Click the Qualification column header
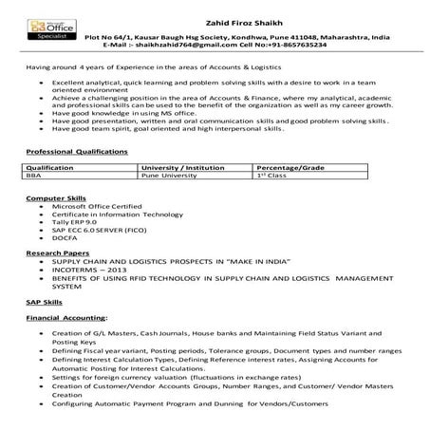[50, 166]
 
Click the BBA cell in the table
[35, 175]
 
